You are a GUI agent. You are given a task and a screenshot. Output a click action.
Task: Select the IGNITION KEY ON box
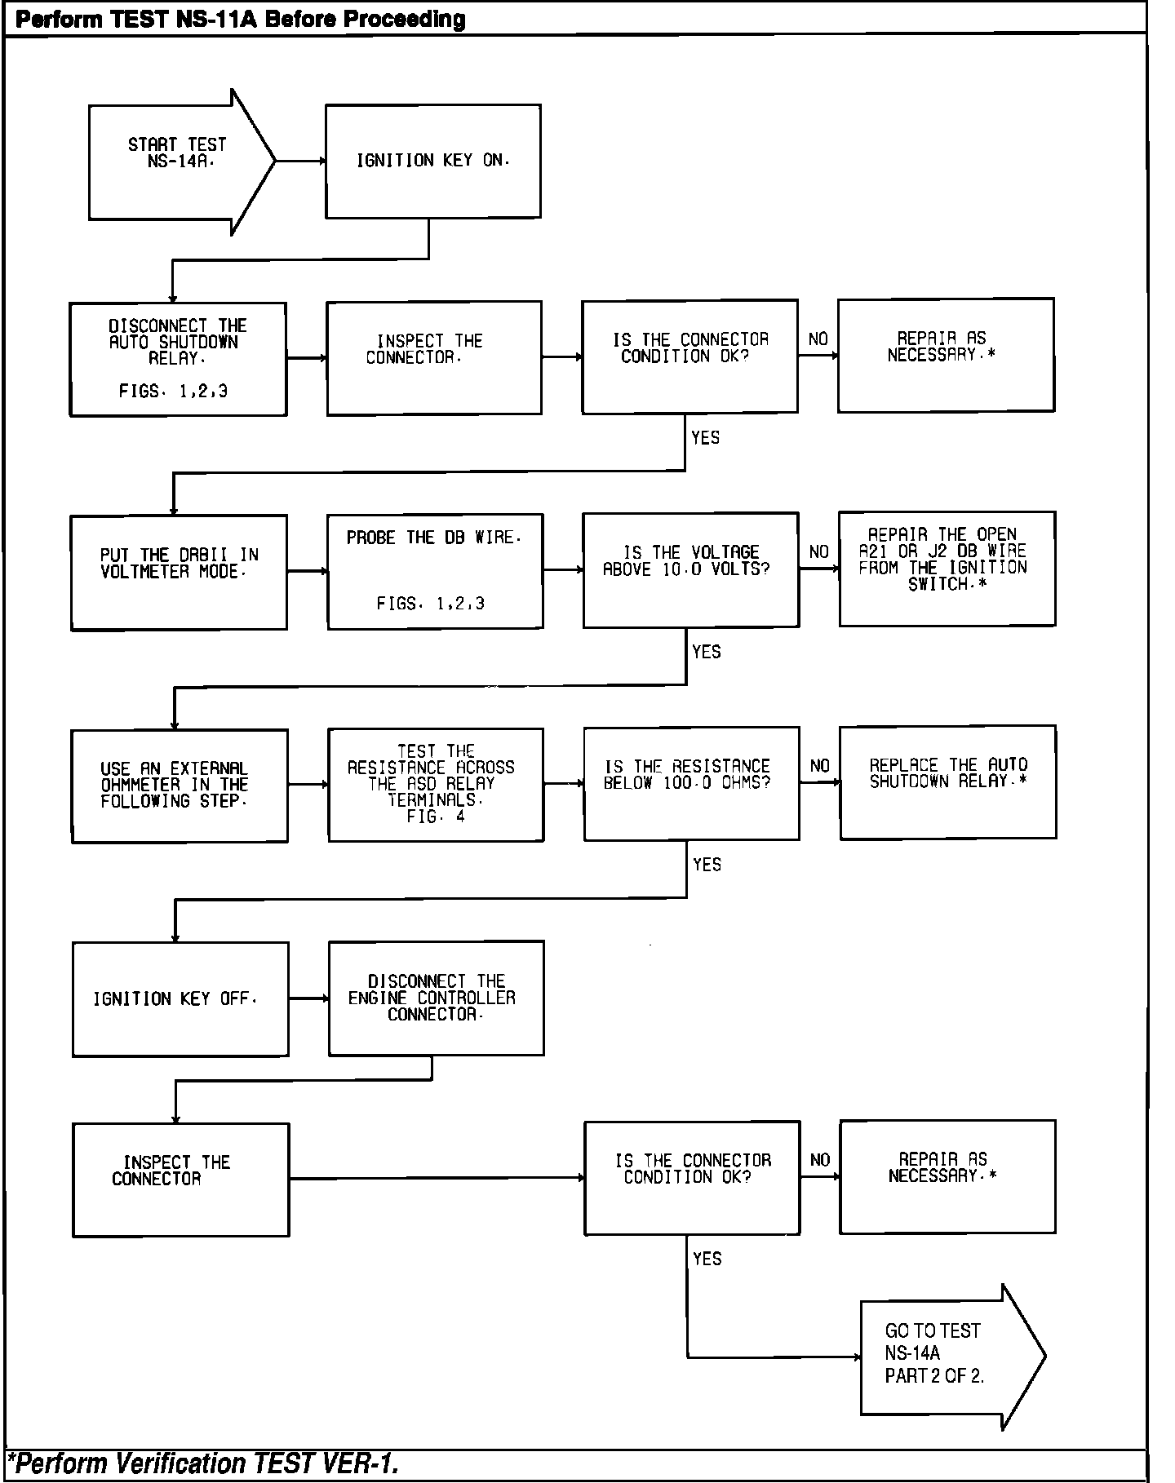[432, 162]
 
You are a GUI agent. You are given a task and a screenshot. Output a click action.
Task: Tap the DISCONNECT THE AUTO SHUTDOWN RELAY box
[178, 359]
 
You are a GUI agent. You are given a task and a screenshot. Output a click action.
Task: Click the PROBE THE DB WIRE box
[435, 571]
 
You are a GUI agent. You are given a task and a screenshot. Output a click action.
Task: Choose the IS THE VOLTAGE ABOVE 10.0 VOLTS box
[690, 570]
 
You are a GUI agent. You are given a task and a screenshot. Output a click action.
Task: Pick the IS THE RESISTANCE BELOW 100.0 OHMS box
[691, 784]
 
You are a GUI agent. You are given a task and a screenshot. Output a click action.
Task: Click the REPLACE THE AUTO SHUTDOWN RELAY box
[947, 782]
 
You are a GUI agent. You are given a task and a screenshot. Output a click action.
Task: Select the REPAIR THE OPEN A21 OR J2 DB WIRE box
[947, 569]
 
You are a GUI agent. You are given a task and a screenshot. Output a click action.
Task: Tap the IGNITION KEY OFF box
[180, 999]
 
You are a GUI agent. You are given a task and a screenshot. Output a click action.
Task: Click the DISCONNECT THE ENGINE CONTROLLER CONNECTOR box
[436, 998]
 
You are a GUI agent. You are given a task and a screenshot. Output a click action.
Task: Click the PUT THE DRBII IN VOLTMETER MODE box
[179, 572]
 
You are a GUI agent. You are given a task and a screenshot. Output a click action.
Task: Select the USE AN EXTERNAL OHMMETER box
[180, 786]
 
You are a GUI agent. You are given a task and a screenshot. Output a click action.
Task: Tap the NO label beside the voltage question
[818, 552]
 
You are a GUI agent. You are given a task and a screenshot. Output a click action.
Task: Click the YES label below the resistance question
[707, 865]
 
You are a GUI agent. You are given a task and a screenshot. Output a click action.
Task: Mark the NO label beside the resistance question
[819, 766]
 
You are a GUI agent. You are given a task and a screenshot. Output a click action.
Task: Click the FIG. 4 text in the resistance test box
[435, 817]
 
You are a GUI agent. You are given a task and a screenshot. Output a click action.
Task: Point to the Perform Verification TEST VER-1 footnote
[203, 1464]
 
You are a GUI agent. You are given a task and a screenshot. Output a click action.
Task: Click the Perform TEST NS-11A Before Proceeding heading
[241, 20]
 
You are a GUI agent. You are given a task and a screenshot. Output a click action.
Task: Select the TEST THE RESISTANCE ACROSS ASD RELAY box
[436, 784]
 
